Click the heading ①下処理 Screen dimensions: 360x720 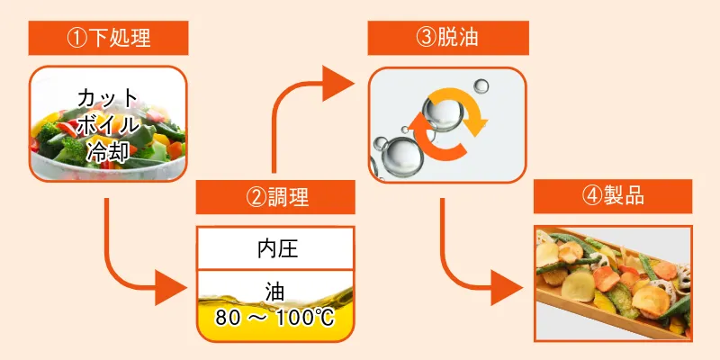[108, 38]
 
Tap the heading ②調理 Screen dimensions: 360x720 [274, 197]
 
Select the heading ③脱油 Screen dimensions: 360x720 [447, 38]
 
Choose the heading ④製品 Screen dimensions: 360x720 [613, 196]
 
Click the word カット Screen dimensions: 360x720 [108, 97]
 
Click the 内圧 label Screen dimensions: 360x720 [274, 249]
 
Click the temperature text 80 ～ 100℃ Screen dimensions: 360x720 [274, 318]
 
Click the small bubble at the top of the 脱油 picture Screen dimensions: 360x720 [481, 86]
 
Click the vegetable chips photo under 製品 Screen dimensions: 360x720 [613, 283]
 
